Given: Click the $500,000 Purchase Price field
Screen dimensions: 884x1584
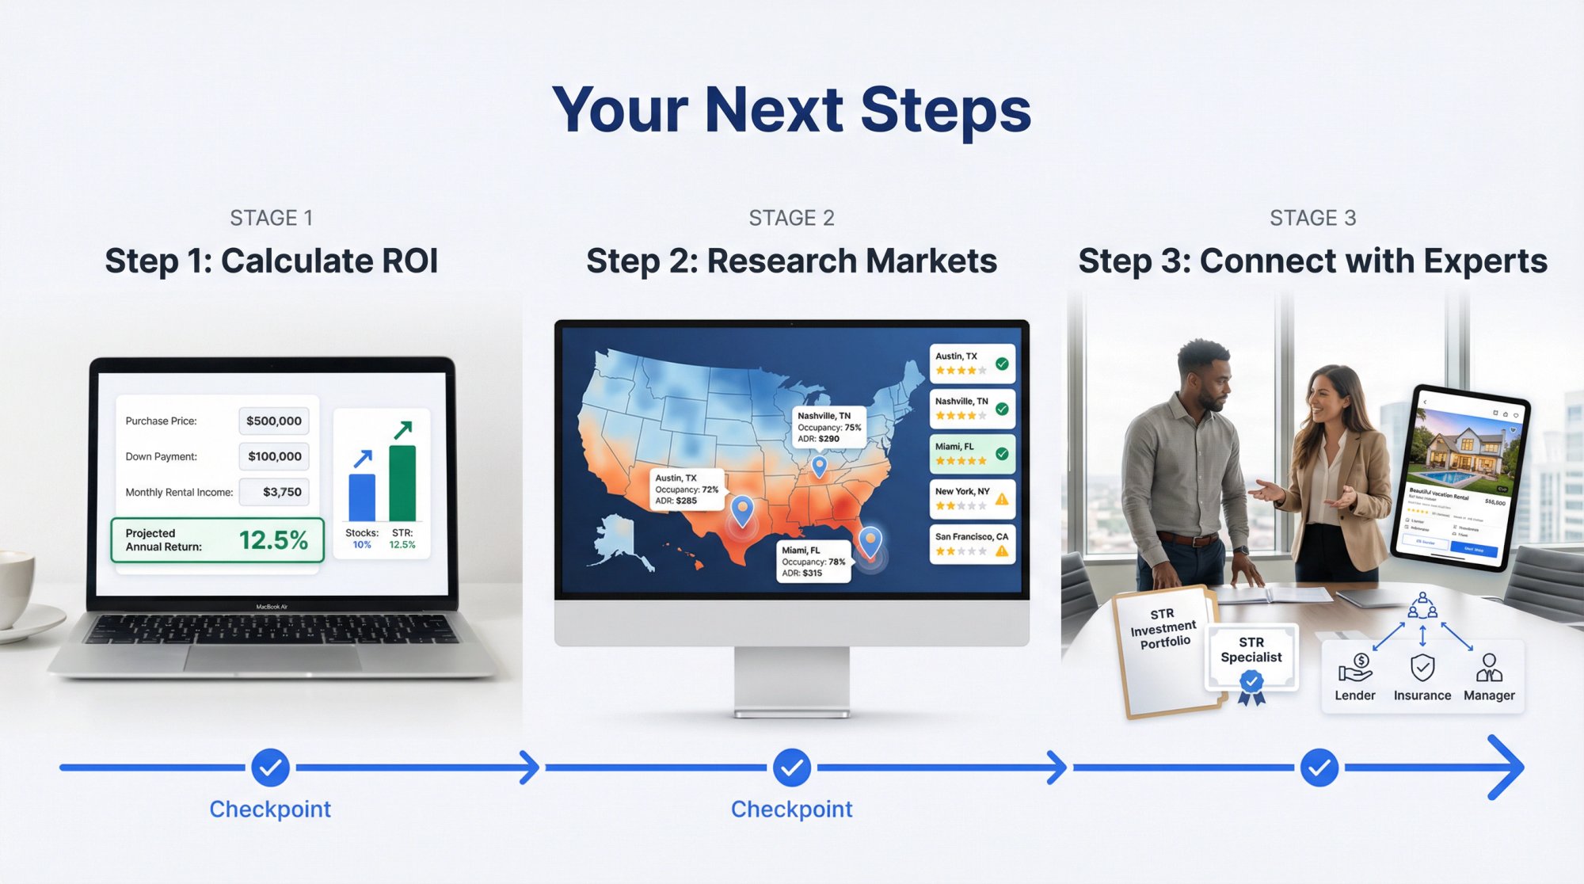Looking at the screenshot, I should pos(273,421).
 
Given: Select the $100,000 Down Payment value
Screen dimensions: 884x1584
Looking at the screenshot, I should pos(273,456).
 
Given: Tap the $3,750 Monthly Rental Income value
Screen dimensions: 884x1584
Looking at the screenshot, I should pos(273,492).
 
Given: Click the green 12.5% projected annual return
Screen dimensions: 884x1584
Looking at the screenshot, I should pos(273,540).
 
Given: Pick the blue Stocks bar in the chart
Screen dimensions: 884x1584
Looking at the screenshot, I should pos(362,497).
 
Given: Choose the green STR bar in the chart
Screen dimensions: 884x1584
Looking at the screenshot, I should pos(402,482).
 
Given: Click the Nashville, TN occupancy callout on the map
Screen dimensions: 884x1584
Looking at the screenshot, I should pos(828,427).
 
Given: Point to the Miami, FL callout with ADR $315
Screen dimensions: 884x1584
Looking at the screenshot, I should pos(813,561).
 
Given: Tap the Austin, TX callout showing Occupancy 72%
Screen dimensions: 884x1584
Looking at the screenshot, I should pos(687,489).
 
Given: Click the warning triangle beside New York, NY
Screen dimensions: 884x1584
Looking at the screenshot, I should pos(1002,499).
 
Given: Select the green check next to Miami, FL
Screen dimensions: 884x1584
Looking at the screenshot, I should pos(1002,454).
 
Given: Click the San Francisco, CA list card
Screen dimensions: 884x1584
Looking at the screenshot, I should pos(972,543).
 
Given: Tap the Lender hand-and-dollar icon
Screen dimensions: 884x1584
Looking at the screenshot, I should pos(1355,668).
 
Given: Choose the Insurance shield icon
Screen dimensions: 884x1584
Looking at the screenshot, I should pos(1422,668).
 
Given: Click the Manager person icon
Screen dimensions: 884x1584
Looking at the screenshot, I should pos(1489,668).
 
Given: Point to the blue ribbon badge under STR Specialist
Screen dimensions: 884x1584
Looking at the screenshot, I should pos(1251,684).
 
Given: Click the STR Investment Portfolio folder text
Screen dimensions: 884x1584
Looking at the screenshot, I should pos(1163,628).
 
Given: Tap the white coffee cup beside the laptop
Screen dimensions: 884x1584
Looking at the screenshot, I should pos(16,590).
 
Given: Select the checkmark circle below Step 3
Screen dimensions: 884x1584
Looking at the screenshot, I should pos(1319,768).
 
